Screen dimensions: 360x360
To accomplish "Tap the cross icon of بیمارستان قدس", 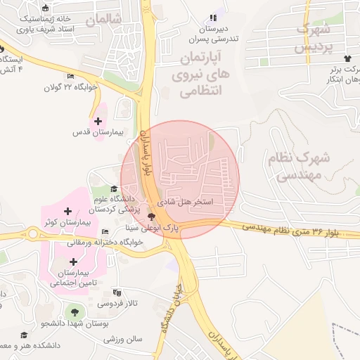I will (98, 121).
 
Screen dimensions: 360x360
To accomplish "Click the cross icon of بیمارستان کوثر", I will (67, 211).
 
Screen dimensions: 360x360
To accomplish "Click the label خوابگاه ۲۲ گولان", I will (70, 87).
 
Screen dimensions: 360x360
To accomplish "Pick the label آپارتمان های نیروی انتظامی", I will (196, 73).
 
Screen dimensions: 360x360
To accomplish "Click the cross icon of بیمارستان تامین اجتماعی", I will (73, 262).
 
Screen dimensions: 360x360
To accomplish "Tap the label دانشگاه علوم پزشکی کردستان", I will (115, 204).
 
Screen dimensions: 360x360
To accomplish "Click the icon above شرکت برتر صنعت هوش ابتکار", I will (347, 58).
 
